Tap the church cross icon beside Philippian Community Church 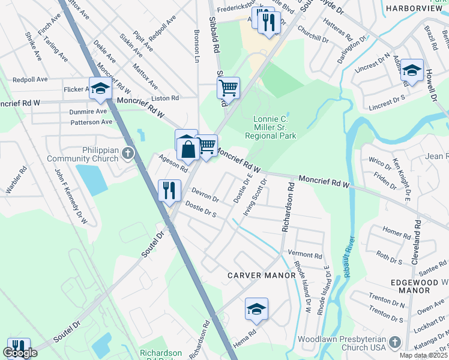[x=127, y=154]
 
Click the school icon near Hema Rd [x=256, y=310]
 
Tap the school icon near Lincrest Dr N [x=412, y=70]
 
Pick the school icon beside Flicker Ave [x=100, y=89]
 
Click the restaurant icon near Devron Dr [x=169, y=190]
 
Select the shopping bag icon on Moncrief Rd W [x=188, y=149]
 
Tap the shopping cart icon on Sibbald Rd [x=228, y=88]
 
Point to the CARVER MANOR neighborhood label [x=261, y=275]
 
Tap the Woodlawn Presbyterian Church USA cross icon [x=394, y=341]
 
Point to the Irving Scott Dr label [x=255, y=201]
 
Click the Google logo [x=20, y=353]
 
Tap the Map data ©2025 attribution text [x=423, y=355]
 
